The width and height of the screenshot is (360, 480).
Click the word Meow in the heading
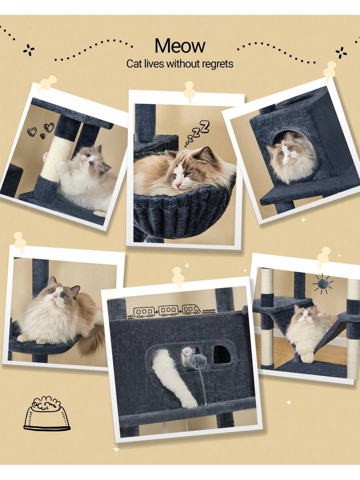tap(180, 46)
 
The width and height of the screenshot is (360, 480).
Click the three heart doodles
tap(41, 130)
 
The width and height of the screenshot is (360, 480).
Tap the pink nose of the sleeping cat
tap(178, 185)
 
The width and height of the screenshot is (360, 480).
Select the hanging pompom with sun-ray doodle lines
tap(322, 284)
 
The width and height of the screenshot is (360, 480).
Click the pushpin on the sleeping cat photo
tap(189, 90)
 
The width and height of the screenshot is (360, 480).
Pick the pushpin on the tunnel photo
tap(178, 276)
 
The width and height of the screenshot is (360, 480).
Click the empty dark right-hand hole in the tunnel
tap(222, 356)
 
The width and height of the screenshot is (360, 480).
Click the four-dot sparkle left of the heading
tap(29, 50)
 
